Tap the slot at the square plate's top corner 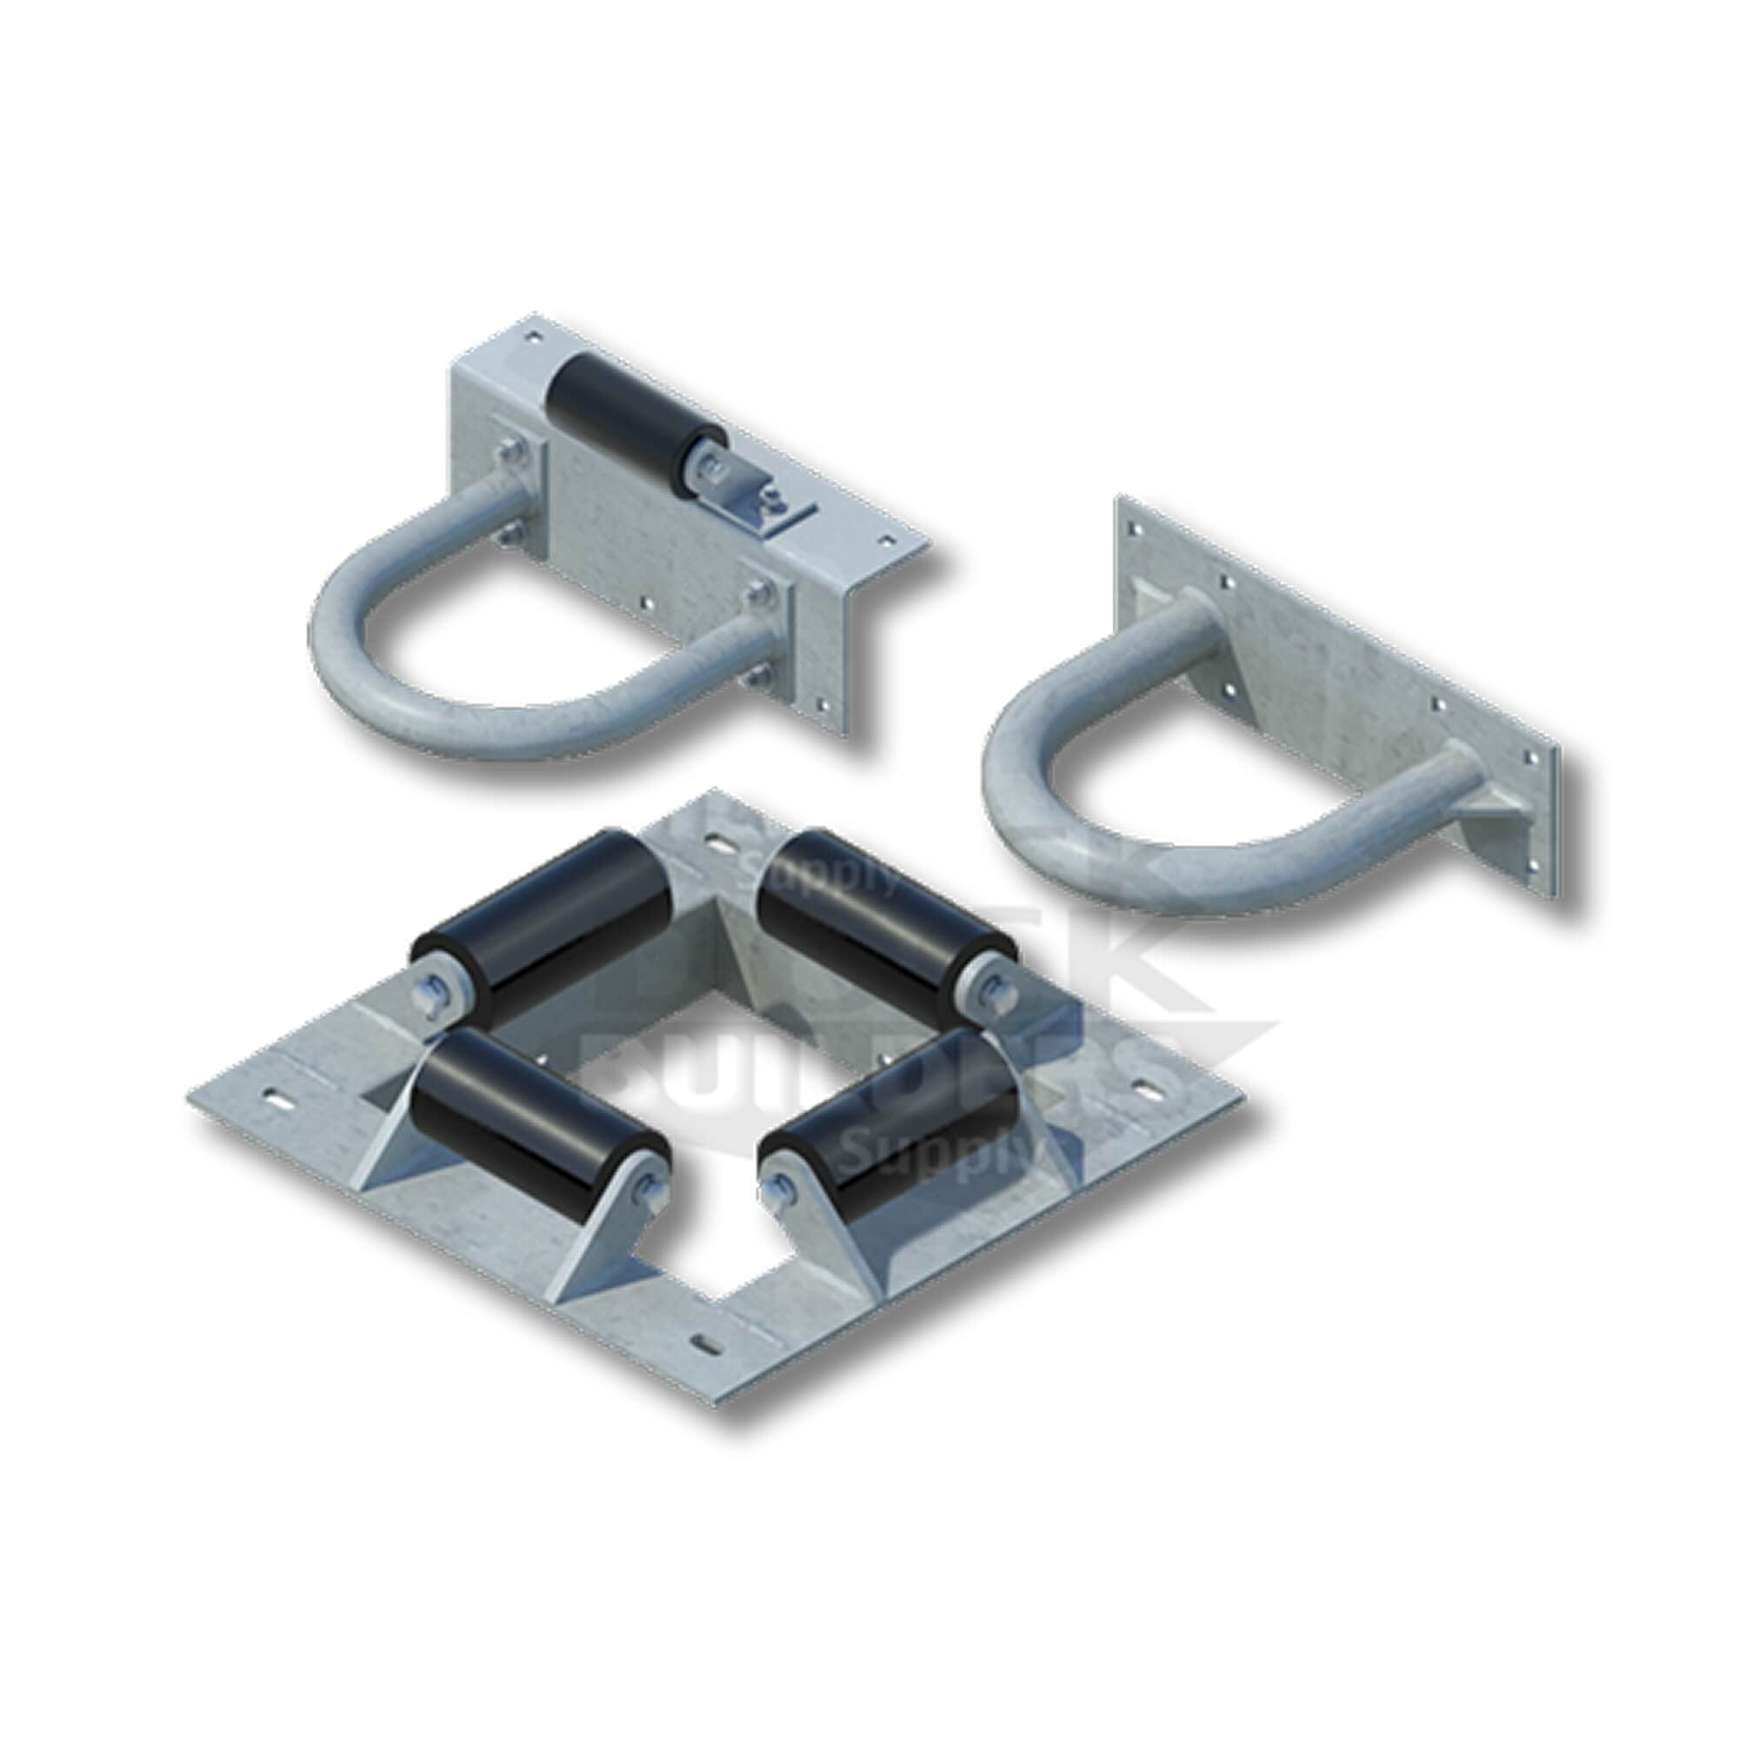(720, 843)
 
